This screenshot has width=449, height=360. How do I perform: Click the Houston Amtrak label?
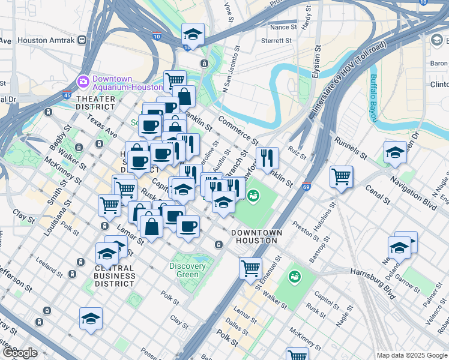46,40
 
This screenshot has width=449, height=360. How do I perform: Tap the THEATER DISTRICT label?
95,103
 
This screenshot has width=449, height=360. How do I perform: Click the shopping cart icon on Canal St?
341,176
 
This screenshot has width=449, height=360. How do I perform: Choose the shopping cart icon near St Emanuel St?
250,268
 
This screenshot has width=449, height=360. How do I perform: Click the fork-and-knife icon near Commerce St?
267,158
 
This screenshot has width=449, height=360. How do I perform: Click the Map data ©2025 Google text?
412,355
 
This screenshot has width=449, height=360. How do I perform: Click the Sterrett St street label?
276,41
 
